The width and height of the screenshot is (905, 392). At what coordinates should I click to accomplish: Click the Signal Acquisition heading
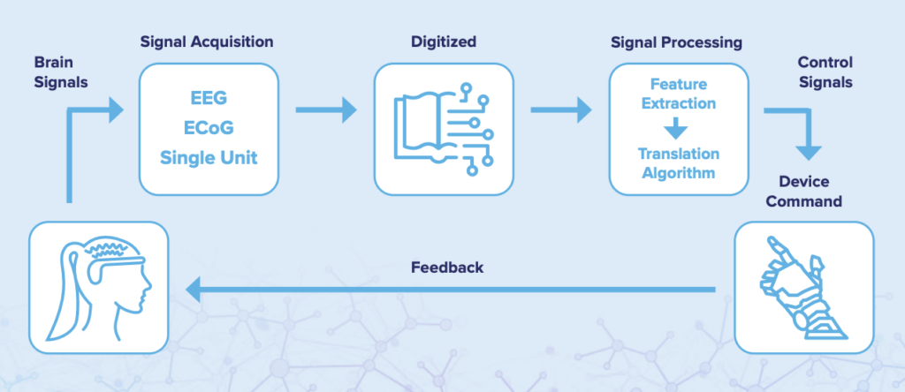pyautogui.click(x=207, y=42)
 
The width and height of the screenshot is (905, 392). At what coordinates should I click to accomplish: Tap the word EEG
pyautogui.click(x=209, y=98)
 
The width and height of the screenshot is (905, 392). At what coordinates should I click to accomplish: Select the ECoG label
pyautogui.click(x=209, y=127)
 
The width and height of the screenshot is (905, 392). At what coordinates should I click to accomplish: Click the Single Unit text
pyautogui.click(x=209, y=157)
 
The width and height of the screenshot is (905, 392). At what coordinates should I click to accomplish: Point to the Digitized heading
pyautogui.click(x=444, y=42)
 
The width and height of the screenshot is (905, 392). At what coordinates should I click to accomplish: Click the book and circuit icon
pyautogui.click(x=444, y=129)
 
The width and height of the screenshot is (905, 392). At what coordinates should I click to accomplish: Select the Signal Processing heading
pyautogui.click(x=676, y=42)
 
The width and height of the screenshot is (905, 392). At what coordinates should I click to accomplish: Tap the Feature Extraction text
pyautogui.click(x=679, y=94)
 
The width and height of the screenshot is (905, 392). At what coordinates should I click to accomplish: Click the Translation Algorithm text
pyautogui.click(x=679, y=163)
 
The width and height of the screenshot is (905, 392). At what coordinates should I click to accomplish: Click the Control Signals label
pyautogui.click(x=825, y=72)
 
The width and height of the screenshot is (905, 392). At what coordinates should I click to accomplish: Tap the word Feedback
pyautogui.click(x=447, y=268)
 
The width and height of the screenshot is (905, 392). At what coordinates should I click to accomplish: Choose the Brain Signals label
pyautogui.click(x=61, y=72)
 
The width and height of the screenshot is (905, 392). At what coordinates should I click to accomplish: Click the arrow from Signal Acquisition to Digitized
pyautogui.click(x=326, y=109)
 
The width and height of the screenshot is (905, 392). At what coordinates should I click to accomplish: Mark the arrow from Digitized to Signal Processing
pyautogui.click(x=561, y=109)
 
